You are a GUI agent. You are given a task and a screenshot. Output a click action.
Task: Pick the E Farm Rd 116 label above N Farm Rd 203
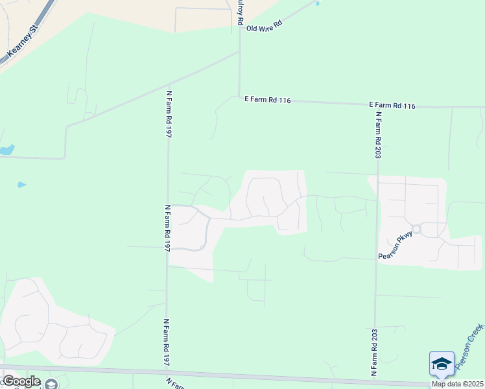pyautogui.click(x=392, y=105)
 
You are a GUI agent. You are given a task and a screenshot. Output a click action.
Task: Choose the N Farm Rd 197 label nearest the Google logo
pyautogui.click(x=167, y=342)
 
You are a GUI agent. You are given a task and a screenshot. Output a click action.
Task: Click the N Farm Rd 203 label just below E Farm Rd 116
pyautogui.click(x=377, y=135)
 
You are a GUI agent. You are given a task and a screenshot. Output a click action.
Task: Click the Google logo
pyautogui.click(x=21, y=381)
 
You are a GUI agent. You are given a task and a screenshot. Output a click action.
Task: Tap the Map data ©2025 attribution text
pyautogui.click(x=457, y=384)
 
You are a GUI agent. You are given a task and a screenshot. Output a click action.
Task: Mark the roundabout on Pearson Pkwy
pyautogui.click(x=417, y=229)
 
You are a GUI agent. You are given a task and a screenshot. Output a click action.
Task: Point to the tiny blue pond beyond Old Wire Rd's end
pyautogui.click(x=317, y=4)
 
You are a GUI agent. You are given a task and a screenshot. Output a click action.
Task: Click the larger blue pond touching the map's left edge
pyautogui.click(x=6, y=150)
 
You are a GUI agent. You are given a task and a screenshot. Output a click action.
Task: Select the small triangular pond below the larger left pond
pyautogui.click(x=21, y=185)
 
